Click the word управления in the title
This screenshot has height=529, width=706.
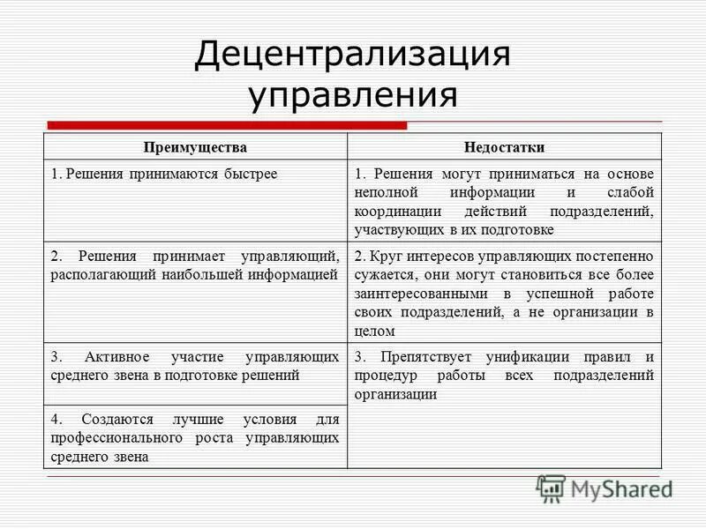point(352,95)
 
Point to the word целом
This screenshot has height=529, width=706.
point(374,332)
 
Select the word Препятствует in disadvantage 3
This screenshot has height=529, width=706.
point(420,357)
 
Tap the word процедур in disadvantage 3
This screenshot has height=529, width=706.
point(382,376)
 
